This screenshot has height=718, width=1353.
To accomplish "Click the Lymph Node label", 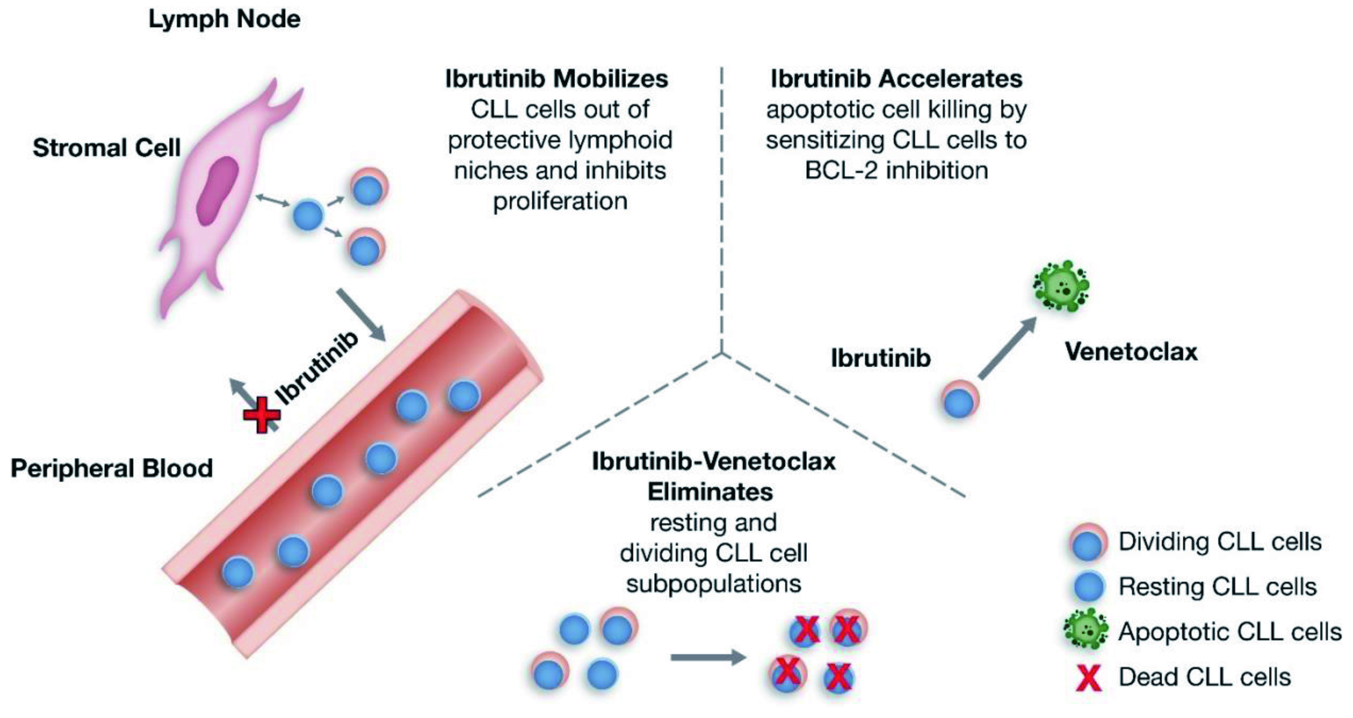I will tap(224, 20).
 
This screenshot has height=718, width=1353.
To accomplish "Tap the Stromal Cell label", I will tap(107, 148).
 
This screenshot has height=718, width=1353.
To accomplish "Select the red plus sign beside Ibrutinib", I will tap(262, 414).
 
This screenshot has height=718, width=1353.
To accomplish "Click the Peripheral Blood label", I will tap(111, 468).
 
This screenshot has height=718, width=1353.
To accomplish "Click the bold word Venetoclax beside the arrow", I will tap(1131, 351).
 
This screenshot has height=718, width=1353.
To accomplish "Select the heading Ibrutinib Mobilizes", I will tap(556, 79).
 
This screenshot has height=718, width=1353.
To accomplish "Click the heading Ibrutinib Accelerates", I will tap(896, 79).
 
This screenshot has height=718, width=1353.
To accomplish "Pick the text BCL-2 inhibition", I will tap(896, 170).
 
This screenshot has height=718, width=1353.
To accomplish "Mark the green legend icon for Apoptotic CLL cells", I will tap(1086, 630).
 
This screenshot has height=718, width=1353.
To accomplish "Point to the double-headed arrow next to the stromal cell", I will tap(272, 200).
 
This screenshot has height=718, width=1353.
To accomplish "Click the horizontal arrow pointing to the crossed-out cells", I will tap(708, 657).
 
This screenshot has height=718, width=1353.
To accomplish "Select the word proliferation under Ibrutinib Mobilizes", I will tap(560, 201).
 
